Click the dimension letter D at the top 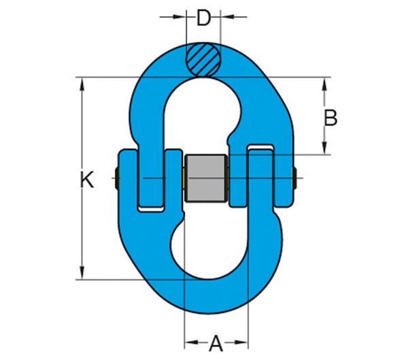[x=203, y=18]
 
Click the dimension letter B [x=330, y=118]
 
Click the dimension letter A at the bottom [x=216, y=343]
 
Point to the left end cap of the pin [x=118, y=179]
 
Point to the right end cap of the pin [x=294, y=179]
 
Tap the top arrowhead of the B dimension [x=325, y=84]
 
